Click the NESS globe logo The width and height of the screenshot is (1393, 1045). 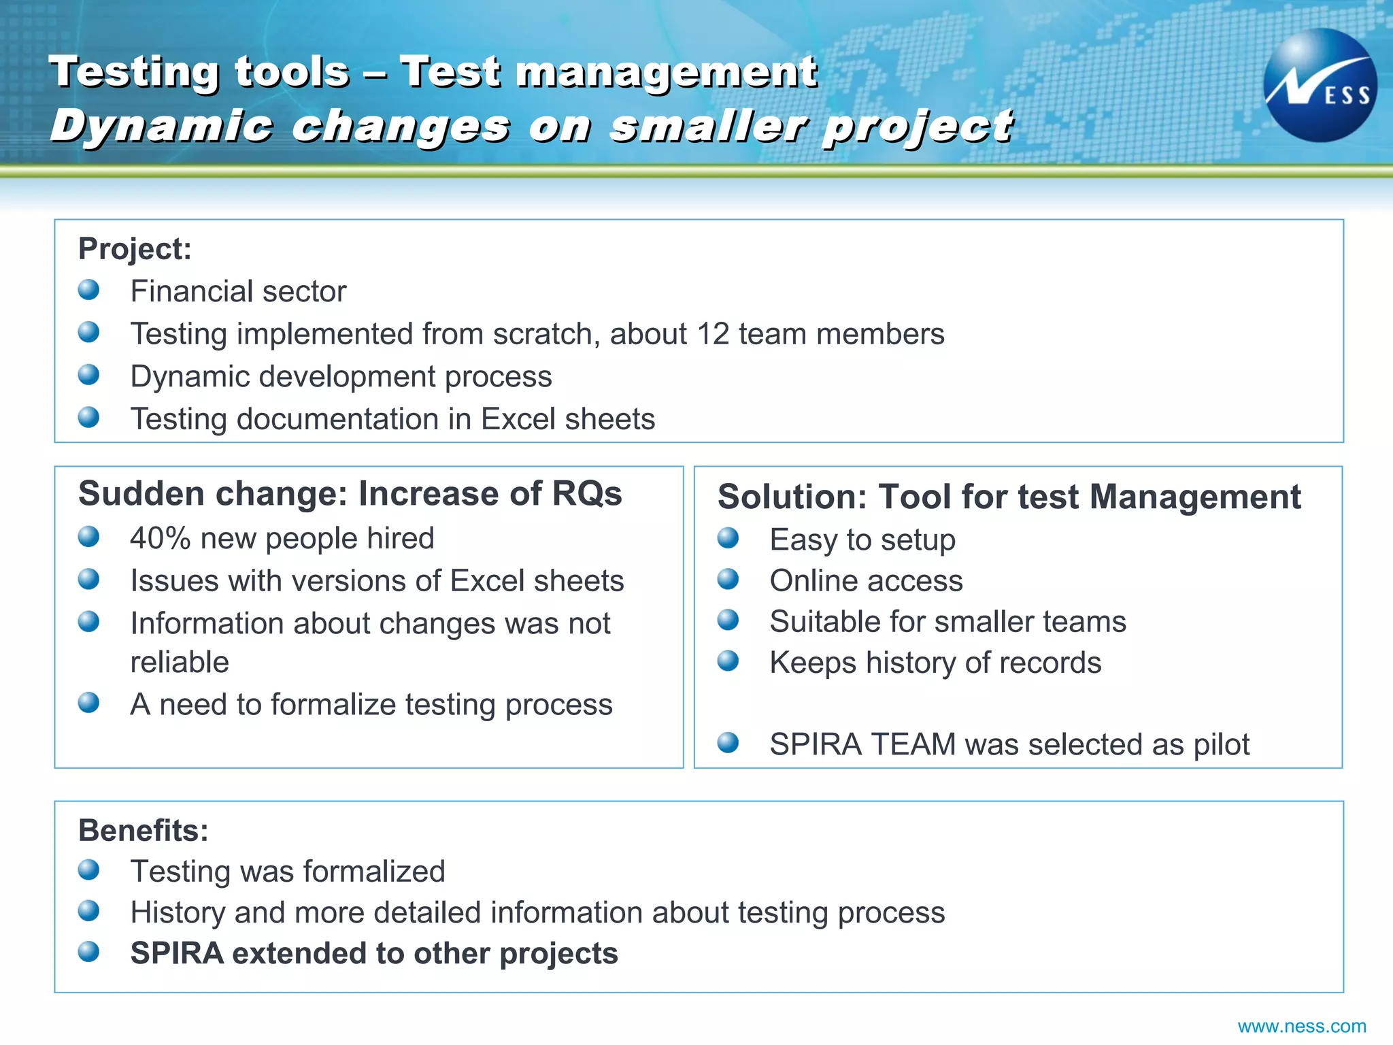pos(1320,86)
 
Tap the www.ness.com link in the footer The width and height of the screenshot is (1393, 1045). pos(1301,1026)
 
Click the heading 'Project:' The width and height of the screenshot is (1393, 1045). pos(135,249)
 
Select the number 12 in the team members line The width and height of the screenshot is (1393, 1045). pos(713,334)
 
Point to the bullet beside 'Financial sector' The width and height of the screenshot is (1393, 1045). pos(88,290)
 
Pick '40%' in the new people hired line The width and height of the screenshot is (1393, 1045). pos(161,538)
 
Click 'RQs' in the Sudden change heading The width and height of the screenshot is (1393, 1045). pos(586,494)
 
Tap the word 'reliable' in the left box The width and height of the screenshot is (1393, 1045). pos(180,662)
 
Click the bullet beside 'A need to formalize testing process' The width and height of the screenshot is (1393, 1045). pos(88,702)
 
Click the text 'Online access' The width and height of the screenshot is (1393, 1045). pos(866,581)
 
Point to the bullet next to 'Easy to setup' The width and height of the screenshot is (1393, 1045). pos(728,538)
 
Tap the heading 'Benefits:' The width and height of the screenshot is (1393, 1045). pos(144,831)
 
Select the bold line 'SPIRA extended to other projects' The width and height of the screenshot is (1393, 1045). pos(374,953)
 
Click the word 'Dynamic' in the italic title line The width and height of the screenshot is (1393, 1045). pos(162,127)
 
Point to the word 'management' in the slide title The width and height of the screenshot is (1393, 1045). pos(666,72)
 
